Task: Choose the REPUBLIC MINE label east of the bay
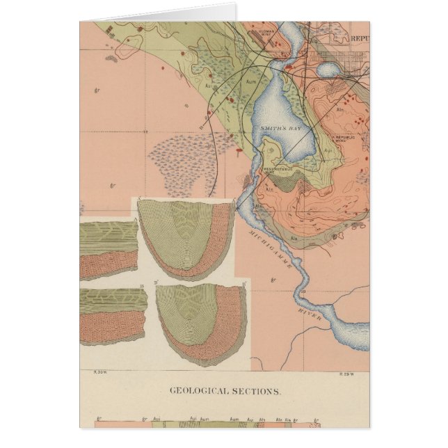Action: [346, 138]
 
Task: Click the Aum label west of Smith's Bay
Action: [252, 81]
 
